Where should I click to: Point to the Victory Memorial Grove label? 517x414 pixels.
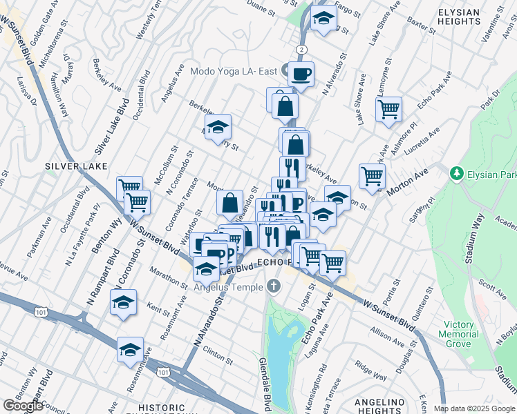point(459,334)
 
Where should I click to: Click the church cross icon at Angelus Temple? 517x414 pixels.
point(274,286)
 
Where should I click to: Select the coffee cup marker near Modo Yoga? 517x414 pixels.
point(301,74)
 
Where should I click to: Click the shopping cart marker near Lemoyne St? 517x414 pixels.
point(389,108)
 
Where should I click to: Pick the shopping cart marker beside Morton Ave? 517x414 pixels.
point(373,176)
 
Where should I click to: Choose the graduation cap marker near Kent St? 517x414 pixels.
point(124,302)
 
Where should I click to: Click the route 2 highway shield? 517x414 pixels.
point(302,49)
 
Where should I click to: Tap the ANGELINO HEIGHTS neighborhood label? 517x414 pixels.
point(379,406)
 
